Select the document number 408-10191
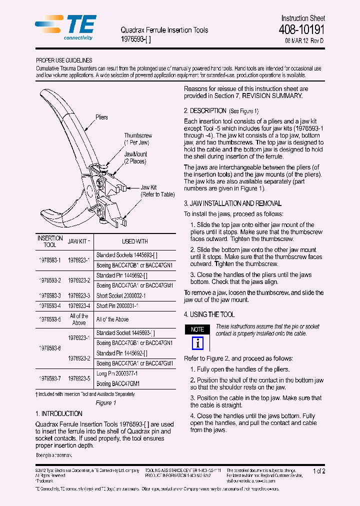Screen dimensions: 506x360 point(301,29)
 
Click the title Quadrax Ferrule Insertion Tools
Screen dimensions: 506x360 point(164,30)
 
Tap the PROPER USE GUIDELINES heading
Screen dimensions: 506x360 point(64,60)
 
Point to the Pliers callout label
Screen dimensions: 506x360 point(101,117)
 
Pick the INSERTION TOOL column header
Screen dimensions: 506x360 point(50,241)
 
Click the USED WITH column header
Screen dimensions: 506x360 point(135,241)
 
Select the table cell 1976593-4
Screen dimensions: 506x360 point(50,306)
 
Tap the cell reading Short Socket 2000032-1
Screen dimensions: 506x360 point(121,296)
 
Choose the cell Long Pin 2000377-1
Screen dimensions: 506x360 point(117,373)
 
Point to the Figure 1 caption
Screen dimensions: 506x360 point(105,403)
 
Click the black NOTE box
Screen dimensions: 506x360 point(197,329)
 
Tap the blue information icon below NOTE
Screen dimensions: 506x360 point(197,343)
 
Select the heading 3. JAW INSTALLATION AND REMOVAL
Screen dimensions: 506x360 point(232,203)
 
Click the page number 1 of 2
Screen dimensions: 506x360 point(318,471)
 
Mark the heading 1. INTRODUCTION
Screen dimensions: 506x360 point(59,414)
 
